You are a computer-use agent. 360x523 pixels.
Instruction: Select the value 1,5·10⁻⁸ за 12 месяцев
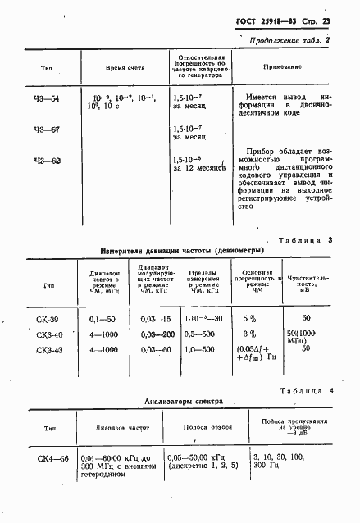198,165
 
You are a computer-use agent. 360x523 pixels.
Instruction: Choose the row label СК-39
49,318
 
